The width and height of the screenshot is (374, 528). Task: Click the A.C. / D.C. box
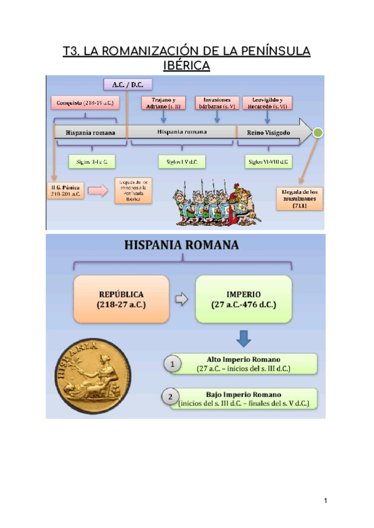click(x=127, y=85)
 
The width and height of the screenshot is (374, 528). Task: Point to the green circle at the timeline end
click(x=318, y=133)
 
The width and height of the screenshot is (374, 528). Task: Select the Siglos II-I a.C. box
click(x=88, y=161)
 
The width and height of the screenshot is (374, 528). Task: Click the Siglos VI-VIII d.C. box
click(x=268, y=161)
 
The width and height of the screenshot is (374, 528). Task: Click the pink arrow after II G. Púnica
click(x=97, y=191)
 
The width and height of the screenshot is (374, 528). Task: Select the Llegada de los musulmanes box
click(x=300, y=199)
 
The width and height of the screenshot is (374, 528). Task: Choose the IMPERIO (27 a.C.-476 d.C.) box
click(x=242, y=299)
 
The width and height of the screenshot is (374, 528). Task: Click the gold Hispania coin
click(x=93, y=375)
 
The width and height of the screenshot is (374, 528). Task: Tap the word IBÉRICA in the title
click(x=186, y=65)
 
